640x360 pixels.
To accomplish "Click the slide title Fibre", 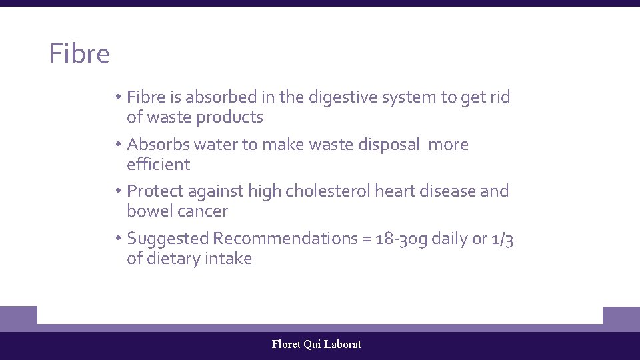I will tap(79, 54).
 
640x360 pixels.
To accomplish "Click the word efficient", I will tap(159, 165).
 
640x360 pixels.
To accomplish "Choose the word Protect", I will tap(155, 191).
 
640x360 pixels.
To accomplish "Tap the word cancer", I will tap(202, 211).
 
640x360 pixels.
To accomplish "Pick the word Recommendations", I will tap(286, 239).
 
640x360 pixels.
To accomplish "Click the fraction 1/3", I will tap(501, 239).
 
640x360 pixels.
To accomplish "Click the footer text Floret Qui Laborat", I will tap(317, 345).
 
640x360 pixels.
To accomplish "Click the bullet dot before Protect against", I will tap(117, 191).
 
